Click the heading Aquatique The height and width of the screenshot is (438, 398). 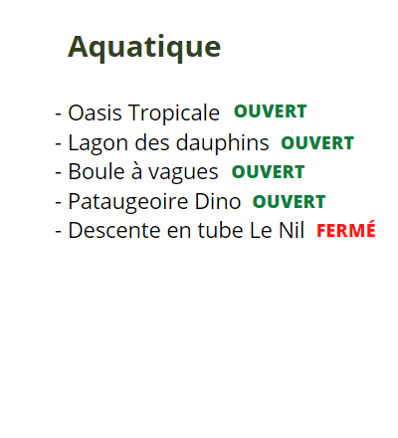click(144, 48)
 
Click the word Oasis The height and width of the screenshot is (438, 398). click(95, 112)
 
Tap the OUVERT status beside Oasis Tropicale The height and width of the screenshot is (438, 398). click(271, 111)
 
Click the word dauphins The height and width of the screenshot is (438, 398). click(222, 142)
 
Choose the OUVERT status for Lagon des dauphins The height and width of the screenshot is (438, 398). click(317, 143)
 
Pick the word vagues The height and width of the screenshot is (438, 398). click(183, 173)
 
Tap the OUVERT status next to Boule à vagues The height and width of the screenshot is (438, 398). click(268, 172)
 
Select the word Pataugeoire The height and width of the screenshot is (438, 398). click(128, 202)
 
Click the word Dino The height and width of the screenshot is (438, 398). click(218, 201)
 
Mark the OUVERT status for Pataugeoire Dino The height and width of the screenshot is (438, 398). click(289, 202)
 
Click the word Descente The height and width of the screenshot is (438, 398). click(114, 230)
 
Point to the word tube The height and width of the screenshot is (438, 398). click(221, 230)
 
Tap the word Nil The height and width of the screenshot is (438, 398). click(292, 230)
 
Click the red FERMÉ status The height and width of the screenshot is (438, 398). click(346, 230)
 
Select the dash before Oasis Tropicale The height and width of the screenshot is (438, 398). click(59, 114)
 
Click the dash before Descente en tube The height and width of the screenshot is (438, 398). click(59, 232)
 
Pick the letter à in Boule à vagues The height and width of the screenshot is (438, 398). click(136, 172)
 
